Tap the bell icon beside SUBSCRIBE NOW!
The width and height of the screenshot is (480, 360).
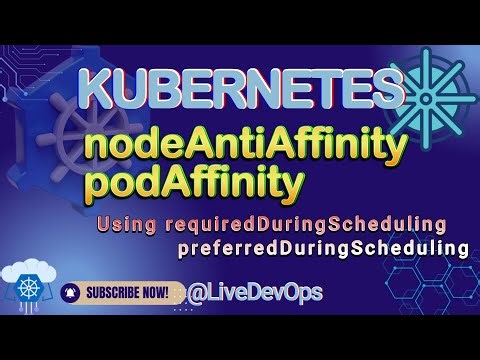(71, 293)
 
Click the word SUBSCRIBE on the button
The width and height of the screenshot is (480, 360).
(113, 293)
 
